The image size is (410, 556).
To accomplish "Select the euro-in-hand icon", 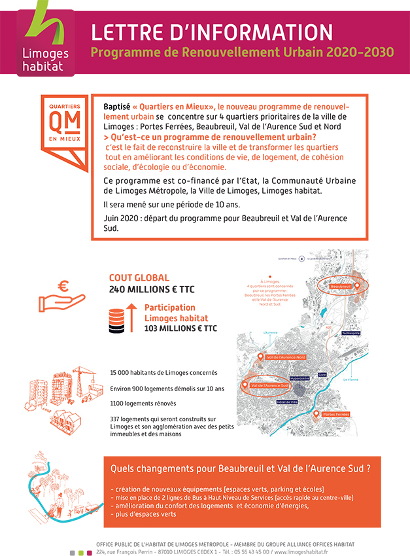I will point(61,294).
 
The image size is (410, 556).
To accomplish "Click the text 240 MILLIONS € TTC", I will point(152,289).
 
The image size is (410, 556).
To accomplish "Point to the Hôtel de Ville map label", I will point(288,401).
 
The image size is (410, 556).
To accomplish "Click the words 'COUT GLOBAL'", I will point(139,277).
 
